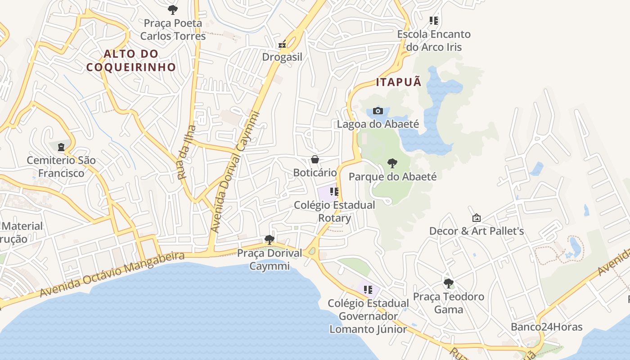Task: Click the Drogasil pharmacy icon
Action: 282,44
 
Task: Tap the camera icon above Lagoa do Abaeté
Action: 378,111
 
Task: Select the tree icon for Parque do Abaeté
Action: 392,163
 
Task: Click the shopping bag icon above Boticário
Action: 315,159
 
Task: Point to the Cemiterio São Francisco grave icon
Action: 61,147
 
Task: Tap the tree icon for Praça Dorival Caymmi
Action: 270,239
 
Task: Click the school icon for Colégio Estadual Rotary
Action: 334,192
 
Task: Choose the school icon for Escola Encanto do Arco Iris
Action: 434,21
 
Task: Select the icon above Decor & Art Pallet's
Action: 477,218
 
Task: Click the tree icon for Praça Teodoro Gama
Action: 448,283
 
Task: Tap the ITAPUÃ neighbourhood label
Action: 399,82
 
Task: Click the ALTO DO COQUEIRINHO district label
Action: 131,60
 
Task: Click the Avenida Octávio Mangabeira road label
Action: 112,274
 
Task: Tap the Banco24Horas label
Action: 546,327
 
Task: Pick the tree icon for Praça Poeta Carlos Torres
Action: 173,10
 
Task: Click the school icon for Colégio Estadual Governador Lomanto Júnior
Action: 368,290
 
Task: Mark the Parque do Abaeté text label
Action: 392,176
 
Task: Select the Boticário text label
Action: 315,172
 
